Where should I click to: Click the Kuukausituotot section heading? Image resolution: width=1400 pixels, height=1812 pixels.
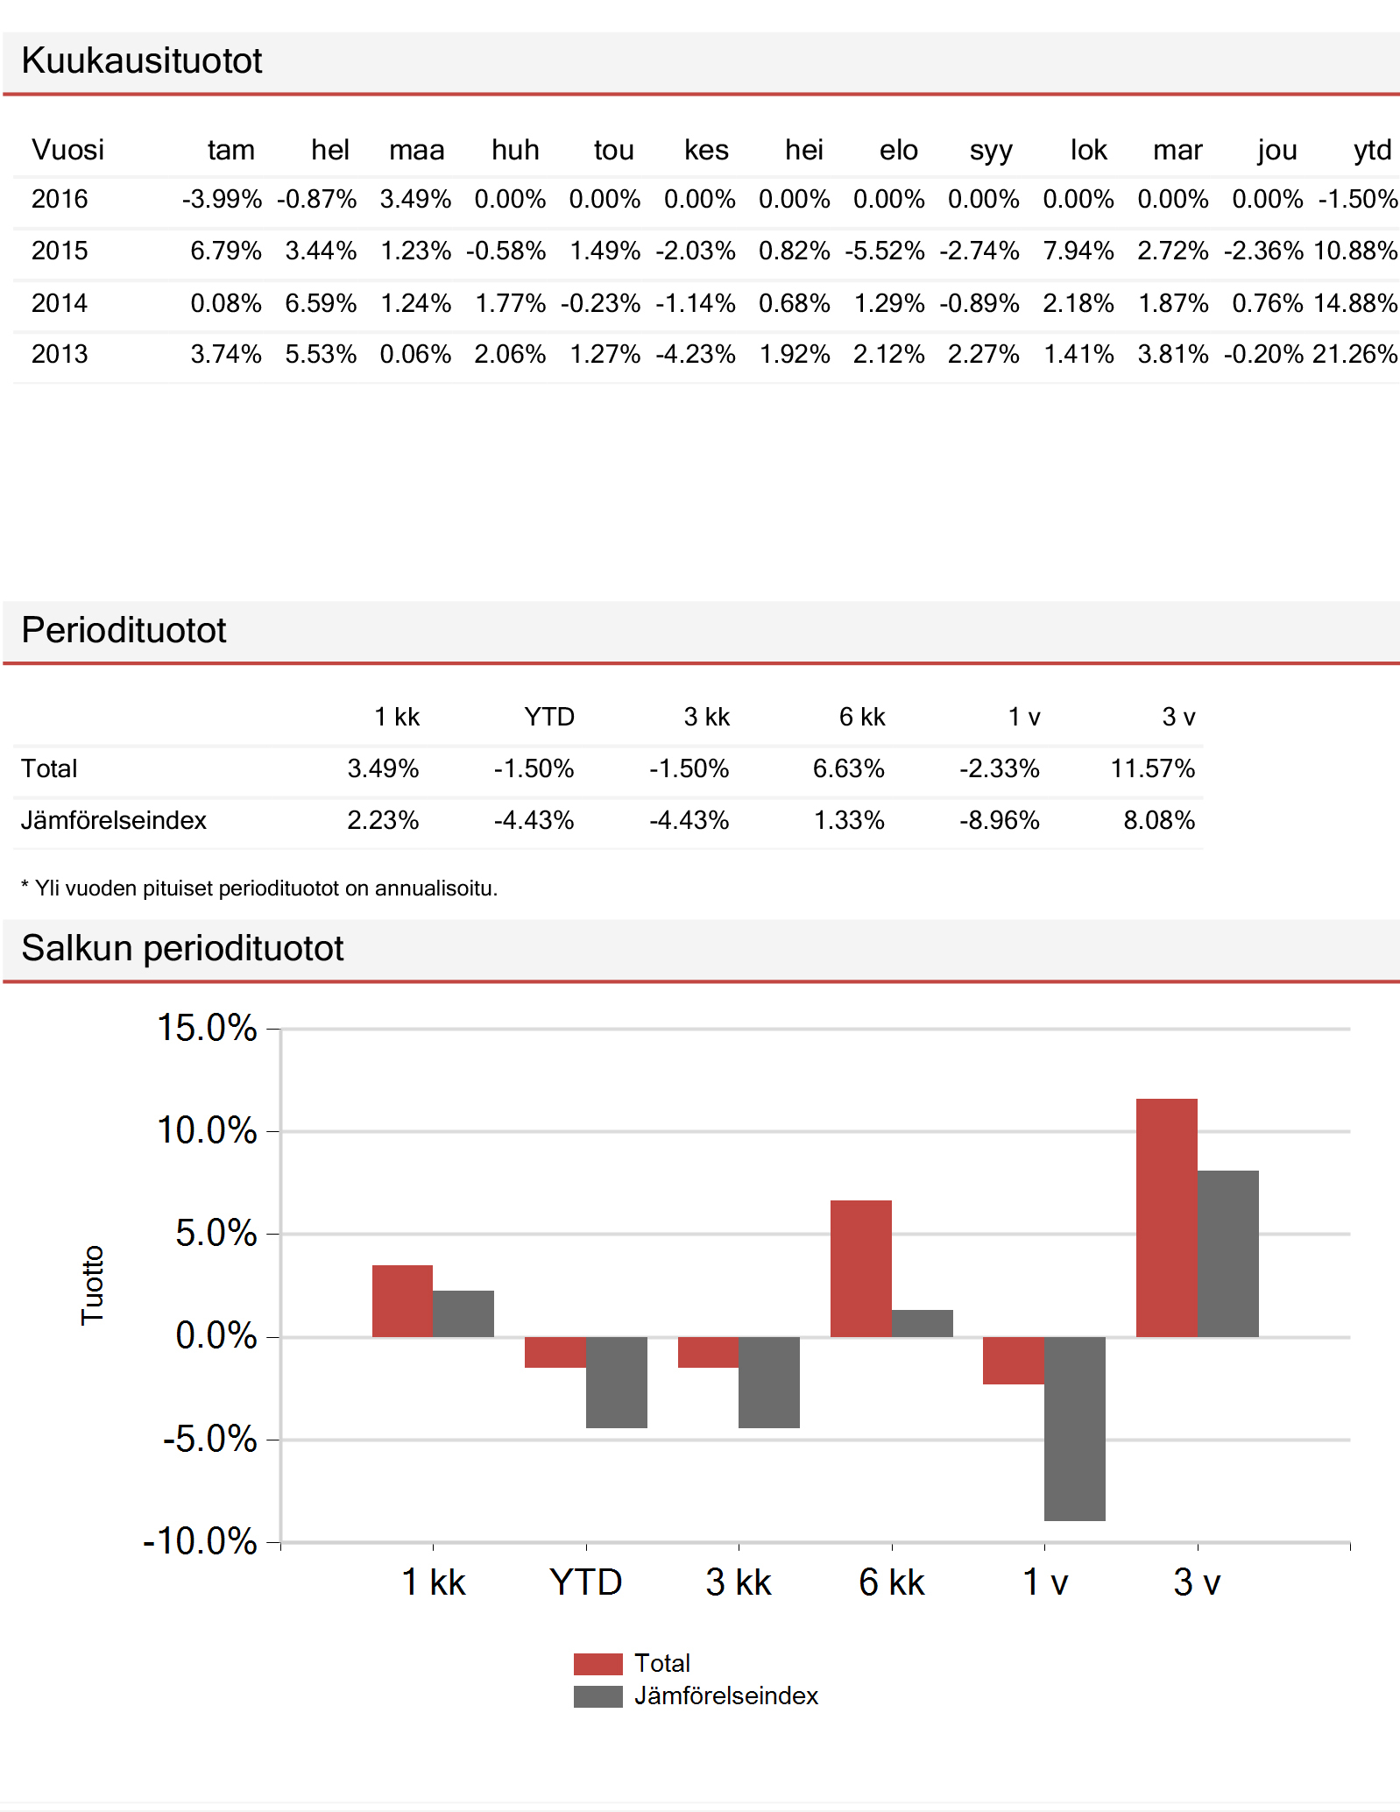[x=142, y=60]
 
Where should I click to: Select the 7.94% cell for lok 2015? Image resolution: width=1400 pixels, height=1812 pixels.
[x=1078, y=251]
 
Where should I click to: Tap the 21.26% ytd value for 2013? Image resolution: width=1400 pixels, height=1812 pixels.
[x=1354, y=354]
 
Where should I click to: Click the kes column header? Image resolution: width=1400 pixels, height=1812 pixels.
[x=706, y=150]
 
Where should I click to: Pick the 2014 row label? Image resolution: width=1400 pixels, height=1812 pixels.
[x=60, y=303]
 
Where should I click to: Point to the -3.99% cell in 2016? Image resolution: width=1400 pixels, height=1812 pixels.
[x=222, y=199]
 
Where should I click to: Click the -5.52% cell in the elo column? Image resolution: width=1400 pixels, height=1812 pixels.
[x=885, y=251]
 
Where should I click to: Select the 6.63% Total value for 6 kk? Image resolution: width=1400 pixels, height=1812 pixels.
[x=849, y=768]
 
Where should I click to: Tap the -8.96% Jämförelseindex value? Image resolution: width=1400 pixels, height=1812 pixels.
[x=1000, y=820]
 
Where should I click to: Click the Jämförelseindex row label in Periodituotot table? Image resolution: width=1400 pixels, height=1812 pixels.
[x=114, y=820]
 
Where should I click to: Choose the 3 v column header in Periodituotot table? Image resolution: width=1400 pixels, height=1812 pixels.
[x=1178, y=717]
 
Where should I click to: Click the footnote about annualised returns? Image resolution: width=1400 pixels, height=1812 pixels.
[x=259, y=888]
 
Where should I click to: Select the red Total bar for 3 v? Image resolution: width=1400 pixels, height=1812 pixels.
[x=1167, y=1218]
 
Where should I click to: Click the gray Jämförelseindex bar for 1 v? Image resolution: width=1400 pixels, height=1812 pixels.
[x=1075, y=1429]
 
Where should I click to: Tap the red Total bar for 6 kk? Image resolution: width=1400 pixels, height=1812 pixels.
[x=861, y=1269]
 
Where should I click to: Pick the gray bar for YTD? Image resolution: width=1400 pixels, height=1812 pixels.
[x=617, y=1383]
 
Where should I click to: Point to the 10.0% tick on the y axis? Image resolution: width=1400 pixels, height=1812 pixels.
[x=207, y=1130]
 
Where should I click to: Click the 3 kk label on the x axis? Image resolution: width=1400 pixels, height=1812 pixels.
[x=739, y=1582]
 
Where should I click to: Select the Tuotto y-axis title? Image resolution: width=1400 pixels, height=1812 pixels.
[x=93, y=1285]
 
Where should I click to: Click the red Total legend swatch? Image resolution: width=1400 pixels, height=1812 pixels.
[x=598, y=1664]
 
